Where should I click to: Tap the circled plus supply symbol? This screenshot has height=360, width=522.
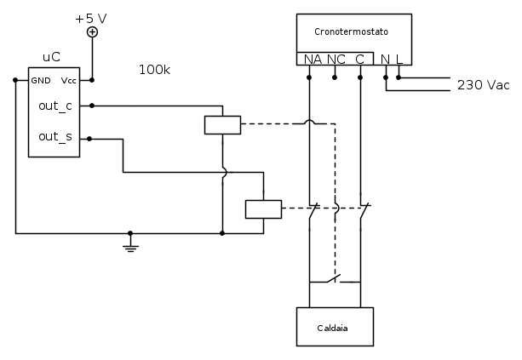(x=93, y=32)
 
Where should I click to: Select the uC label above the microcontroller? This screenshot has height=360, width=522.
(x=51, y=58)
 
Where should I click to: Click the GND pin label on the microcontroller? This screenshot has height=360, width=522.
(x=42, y=80)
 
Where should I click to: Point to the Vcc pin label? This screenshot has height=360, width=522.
(x=68, y=80)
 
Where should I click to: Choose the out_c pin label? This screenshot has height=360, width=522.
(x=55, y=106)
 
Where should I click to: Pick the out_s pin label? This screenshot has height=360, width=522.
(x=55, y=136)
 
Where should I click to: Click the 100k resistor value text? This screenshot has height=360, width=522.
(x=154, y=70)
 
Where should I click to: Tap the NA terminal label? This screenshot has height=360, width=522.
(x=311, y=59)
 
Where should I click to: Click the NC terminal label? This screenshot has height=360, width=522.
(x=336, y=59)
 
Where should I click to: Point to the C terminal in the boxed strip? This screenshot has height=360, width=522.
(x=360, y=59)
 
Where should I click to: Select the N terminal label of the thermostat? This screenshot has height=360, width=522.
(x=386, y=59)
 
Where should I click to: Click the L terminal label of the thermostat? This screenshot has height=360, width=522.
(x=399, y=59)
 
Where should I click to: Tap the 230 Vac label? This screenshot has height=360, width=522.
(x=483, y=85)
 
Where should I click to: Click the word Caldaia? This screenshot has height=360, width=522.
(x=334, y=327)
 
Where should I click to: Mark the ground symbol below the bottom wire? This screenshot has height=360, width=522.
(x=130, y=247)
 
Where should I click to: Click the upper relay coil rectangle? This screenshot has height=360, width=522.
(x=222, y=124)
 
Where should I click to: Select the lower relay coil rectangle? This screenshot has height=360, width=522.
(x=262, y=209)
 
